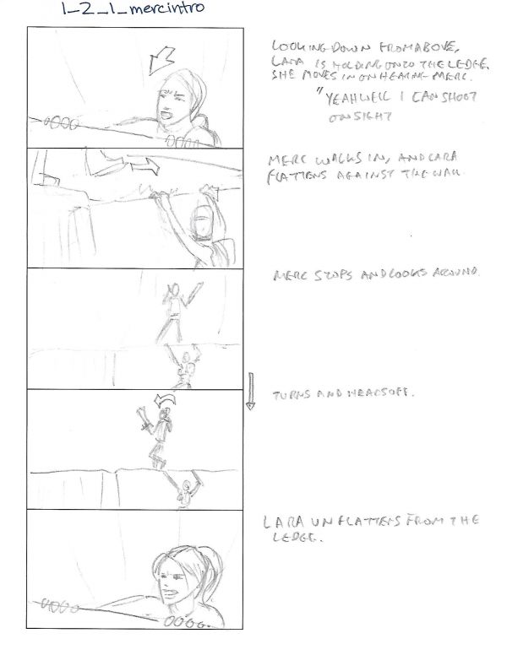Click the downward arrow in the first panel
(x=159, y=59)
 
